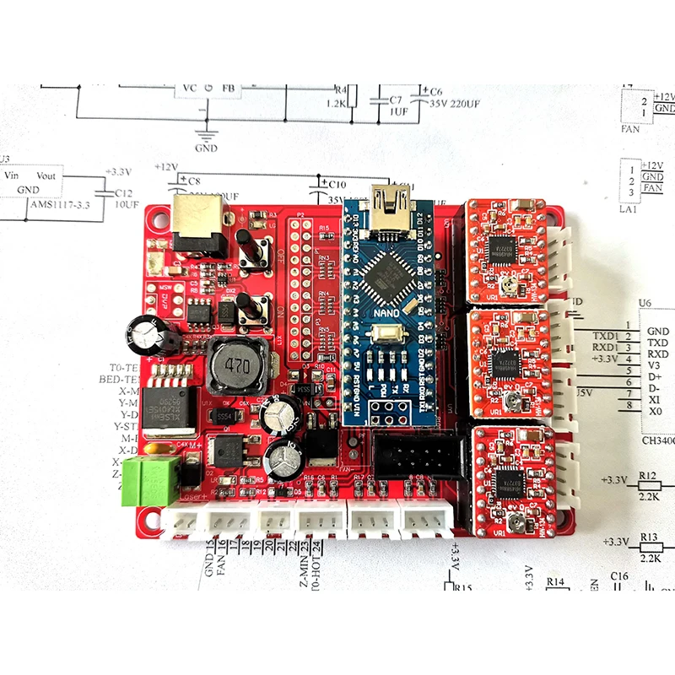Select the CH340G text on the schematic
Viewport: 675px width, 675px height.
pyautogui.click(x=658, y=439)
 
